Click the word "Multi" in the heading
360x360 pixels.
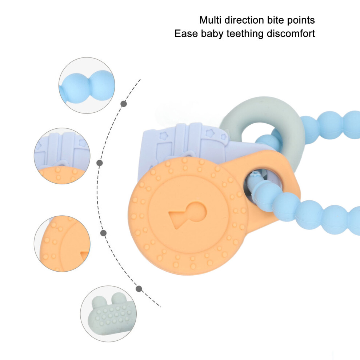tap(211, 20)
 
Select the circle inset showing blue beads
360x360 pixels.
tap(87, 85)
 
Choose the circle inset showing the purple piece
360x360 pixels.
tap(62, 156)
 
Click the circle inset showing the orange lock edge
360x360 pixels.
tap(62, 244)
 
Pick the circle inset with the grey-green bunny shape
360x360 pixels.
tap(108, 313)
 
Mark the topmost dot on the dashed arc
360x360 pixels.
tap(124, 104)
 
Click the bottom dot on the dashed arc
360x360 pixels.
tap(139, 289)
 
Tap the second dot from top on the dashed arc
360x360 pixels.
tap(99, 163)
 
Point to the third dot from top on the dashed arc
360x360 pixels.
tap(104, 233)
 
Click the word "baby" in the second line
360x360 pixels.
tap(212, 34)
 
